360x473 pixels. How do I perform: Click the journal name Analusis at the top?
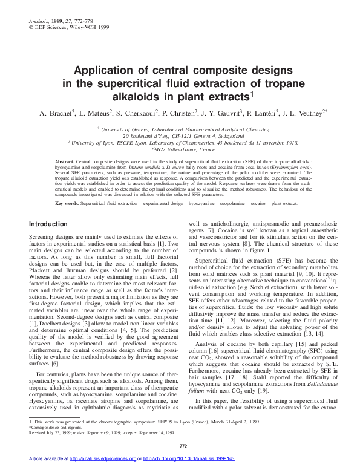38,5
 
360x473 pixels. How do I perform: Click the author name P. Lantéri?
260,113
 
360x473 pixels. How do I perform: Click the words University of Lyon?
94,142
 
